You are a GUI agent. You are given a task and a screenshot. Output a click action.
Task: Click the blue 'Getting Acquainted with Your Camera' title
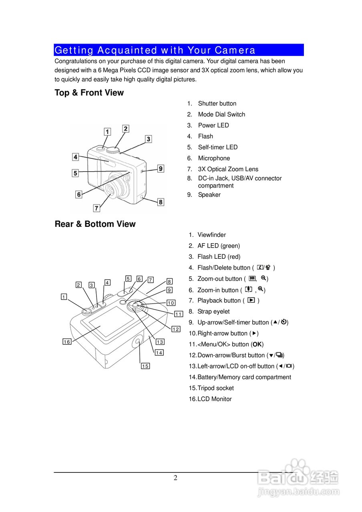(x=155, y=50)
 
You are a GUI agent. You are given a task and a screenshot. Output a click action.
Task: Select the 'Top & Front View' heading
(x=89, y=93)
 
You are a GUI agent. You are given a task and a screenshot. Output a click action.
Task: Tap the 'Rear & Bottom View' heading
(x=95, y=224)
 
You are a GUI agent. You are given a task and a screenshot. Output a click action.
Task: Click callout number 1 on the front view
(x=107, y=132)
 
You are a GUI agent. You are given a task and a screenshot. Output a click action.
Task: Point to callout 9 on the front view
(x=160, y=169)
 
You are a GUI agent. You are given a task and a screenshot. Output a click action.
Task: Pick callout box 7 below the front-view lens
(x=97, y=208)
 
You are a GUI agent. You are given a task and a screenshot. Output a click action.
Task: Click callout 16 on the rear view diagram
(x=67, y=342)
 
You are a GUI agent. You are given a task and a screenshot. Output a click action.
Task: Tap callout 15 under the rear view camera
(x=145, y=366)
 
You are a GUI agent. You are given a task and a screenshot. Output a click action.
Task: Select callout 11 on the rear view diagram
(x=179, y=314)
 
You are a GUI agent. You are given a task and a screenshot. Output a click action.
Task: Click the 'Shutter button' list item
(x=217, y=104)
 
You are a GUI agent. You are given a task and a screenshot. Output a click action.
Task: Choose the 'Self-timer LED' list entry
(x=217, y=147)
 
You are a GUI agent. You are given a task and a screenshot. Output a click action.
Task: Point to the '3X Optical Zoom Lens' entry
(x=228, y=169)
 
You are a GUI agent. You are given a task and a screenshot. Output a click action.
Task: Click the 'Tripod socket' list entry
(x=215, y=388)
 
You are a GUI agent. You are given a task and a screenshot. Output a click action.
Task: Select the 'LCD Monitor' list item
(x=214, y=399)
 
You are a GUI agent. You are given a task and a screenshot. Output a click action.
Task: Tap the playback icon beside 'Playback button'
(x=251, y=300)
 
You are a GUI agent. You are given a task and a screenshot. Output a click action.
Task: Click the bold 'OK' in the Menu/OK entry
(x=257, y=344)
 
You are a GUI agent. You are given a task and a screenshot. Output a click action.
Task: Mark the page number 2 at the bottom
(x=175, y=478)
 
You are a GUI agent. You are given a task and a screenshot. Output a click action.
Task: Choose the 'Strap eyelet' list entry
(x=213, y=312)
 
